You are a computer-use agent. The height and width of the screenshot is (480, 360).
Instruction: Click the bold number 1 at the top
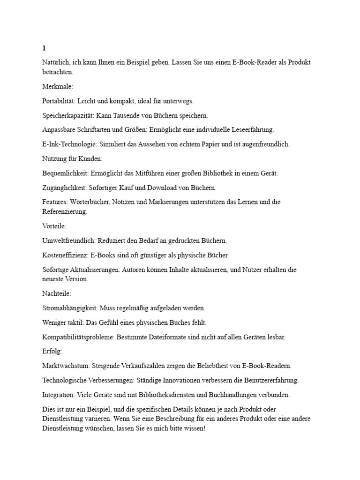[x=44, y=48]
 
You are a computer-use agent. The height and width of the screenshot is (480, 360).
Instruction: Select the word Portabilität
[x=59, y=101]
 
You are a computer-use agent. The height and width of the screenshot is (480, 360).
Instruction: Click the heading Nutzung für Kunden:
[x=72, y=158]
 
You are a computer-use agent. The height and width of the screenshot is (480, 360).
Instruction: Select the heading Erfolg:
[x=52, y=351]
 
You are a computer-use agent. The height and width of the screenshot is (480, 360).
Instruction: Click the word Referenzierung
[x=65, y=211]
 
